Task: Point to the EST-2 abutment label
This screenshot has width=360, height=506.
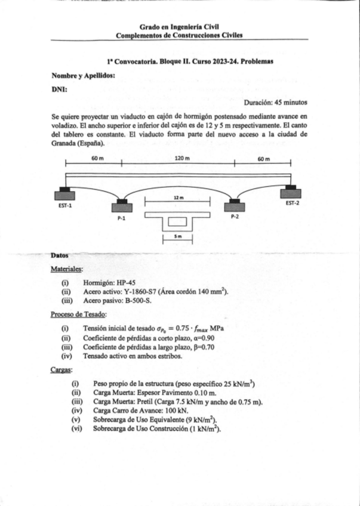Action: pos(292,203)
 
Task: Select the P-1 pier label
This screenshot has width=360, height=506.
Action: pos(121,219)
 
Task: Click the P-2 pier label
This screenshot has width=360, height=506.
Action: pos(234,217)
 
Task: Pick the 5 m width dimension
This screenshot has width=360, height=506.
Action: pos(177,236)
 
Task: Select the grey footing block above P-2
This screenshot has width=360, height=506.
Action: pos(234,206)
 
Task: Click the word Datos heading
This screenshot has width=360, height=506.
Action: pos(60,256)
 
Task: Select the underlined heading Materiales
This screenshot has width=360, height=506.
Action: pos(67,269)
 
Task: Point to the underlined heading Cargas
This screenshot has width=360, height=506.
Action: pos(62,371)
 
